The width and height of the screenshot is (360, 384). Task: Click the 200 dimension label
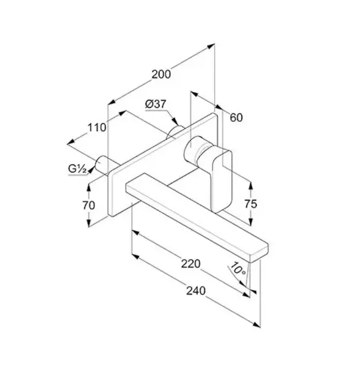point(161,74)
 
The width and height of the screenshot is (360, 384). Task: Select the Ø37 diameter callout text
point(156,104)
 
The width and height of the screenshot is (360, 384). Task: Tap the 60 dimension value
point(236,118)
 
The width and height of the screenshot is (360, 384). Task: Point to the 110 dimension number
point(97,127)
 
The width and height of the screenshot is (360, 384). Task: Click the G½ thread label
point(77,169)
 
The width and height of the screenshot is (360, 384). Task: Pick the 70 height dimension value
point(88,205)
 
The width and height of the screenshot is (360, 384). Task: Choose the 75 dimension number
point(251,204)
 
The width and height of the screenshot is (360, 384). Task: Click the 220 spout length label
point(191,264)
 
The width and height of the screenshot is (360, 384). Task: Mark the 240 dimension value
point(196,291)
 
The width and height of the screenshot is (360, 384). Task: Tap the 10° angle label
point(237,269)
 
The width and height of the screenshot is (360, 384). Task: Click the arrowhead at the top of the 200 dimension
point(211,46)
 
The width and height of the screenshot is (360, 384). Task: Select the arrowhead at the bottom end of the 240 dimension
point(256,325)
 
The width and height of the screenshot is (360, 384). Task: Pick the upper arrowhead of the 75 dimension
point(250,185)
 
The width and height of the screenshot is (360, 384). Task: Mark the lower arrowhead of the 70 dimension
point(88,223)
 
